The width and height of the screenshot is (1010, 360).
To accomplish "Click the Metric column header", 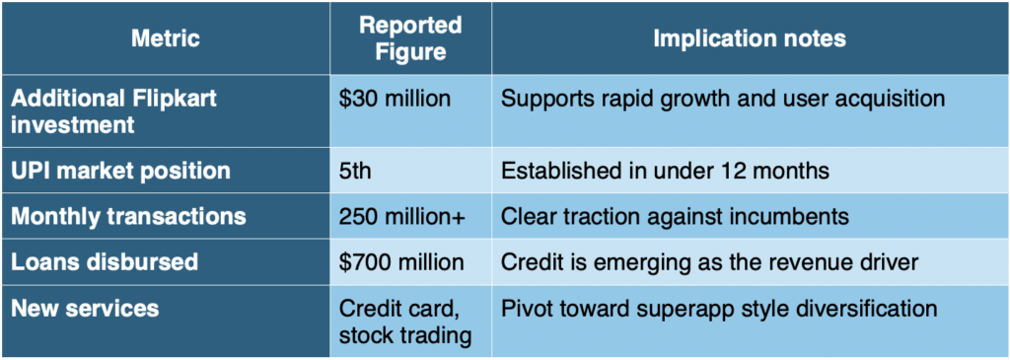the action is (x=166, y=38).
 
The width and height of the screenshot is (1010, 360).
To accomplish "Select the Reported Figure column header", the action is (x=411, y=38).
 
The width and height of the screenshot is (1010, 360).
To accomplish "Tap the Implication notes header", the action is (x=750, y=38).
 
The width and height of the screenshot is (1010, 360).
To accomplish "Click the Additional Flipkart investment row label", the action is (x=114, y=110).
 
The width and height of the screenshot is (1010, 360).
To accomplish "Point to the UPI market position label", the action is (x=120, y=172).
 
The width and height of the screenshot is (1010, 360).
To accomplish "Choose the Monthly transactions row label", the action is (x=129, y=216).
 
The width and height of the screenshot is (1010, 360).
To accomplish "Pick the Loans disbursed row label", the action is (x=105, y=262).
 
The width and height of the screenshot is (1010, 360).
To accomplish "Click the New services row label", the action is (x=85, y=308).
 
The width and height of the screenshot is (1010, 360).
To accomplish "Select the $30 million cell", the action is (x=396, y=100).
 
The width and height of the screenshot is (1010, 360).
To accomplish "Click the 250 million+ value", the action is (x=402, y=217).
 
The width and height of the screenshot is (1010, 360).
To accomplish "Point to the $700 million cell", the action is (x=402, y=262).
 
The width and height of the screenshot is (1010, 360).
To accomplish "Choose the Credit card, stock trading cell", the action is (x=405, y=321).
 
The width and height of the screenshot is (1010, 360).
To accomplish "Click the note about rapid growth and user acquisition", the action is (x=723, y=100).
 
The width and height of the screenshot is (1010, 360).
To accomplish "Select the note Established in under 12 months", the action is (x=664, y=172).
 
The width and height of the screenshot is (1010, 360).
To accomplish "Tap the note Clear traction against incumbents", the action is (x=675, y=217).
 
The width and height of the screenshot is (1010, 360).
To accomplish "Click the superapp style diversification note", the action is (x=719, y=309).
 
